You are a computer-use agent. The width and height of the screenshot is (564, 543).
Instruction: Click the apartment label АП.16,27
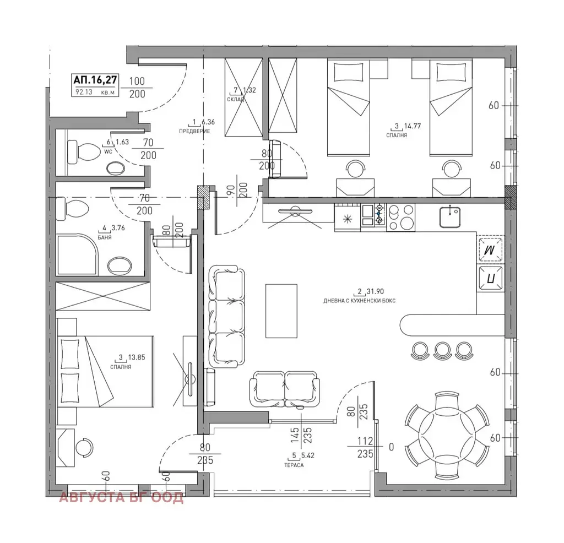(x=95, y=79)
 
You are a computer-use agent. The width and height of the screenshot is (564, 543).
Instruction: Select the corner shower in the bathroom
(x=77, y=255)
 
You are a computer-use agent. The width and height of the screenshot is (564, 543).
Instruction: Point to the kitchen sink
(x=449, y=217)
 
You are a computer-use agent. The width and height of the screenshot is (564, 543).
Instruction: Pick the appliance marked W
(x=490, y=249)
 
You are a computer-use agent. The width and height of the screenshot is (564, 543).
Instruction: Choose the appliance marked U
(x=490, y=278)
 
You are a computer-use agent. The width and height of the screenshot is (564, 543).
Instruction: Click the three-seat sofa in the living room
(x=226, y=317)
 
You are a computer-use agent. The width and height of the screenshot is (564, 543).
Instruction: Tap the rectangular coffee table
(x=281, y=311)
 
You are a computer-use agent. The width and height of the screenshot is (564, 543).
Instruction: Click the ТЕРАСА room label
(x=294, y=465)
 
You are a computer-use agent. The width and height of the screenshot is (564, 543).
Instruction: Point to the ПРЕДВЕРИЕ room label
(x=194, y=131)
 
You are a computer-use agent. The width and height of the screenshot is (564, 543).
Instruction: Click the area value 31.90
(x=375, y=292)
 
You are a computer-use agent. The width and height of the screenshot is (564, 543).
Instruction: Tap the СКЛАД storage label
(x=236, y=99)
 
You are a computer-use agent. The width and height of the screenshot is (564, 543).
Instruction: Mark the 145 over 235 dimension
(x=301, y=435)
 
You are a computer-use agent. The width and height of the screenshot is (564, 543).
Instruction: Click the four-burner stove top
(x=401, y=217)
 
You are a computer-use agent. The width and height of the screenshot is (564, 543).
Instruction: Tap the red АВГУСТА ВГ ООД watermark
(x=121, y=498)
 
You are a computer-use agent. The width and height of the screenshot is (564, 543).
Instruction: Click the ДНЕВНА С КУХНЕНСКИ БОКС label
(x=359, y=301)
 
